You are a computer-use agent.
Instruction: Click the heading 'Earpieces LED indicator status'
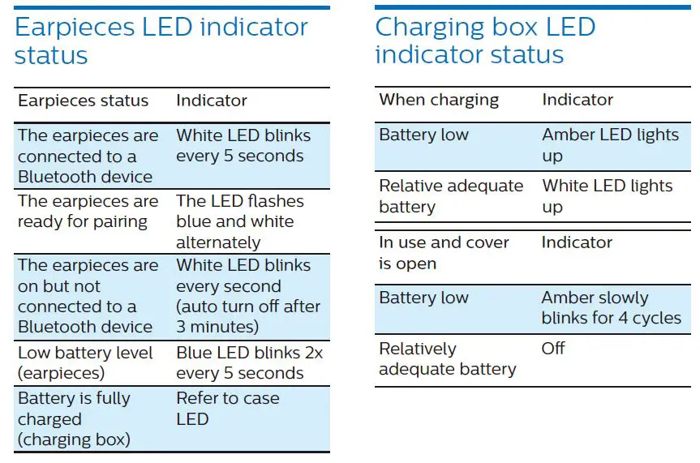[x=161, y=41]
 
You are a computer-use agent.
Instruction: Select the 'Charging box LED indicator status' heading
[x=485, y=40]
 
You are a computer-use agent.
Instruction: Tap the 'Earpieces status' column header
[x=83, y=101]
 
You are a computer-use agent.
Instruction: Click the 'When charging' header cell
[x=439, y=100]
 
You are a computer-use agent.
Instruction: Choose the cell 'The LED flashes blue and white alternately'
[x=239, y=221]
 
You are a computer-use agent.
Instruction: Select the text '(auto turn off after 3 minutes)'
[x=247, y=316]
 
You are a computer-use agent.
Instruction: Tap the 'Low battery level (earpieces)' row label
[x=85, y=362]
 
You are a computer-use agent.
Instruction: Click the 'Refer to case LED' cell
[x=227, y=409]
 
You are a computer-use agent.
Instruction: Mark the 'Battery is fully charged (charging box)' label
[x=74, y=419]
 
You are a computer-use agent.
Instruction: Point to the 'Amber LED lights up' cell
[x=610, y=145]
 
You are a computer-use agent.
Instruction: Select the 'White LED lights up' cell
[x=607, y=195]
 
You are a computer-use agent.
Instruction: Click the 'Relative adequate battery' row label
[x=451, y=195]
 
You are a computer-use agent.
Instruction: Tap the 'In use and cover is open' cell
[x=444, y=252]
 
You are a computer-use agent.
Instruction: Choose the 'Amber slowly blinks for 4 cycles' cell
[x=611, y=307]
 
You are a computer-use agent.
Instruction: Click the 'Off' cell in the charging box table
[x=553, y=349]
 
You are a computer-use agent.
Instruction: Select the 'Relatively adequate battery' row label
[x=447, y=358]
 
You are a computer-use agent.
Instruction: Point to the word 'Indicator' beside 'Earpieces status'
[x=212, y=101]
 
